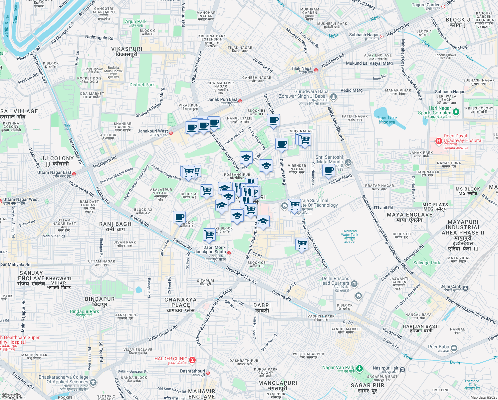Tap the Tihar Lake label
(387, 120)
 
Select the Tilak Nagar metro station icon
(316, 70)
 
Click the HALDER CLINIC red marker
(192, 360)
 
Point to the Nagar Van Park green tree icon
(359, 369)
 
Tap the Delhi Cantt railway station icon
(465, 288)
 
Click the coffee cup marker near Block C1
(179, 217)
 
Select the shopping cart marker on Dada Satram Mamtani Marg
(302, 244)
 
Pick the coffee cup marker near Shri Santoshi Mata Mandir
(329, 170)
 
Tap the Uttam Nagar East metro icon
(74, 174)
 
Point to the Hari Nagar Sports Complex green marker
(456, 112)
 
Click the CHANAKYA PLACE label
(180, 302)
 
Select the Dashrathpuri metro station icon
(208, 373)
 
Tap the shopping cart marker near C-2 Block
(209, 234)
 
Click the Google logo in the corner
(11, 396)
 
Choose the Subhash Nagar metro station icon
(382, 36)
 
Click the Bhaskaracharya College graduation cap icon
(93, 382)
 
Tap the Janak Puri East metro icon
(240, 101)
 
